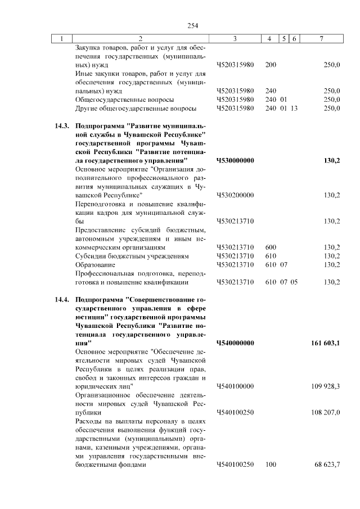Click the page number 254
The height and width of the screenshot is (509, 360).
coord(193,25)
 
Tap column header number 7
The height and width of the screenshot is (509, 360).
coord(321,39)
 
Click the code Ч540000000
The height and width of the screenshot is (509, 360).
coord(235,343)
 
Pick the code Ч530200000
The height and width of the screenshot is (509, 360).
coord(235,195)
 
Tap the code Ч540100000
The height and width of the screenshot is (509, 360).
coord(235,386)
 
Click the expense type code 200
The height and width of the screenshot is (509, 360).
coord(271,65)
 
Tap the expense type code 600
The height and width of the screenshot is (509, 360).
coord(271,247)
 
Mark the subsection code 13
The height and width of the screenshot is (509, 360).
coord(294,108)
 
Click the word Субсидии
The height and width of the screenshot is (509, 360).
coord(88,256)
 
